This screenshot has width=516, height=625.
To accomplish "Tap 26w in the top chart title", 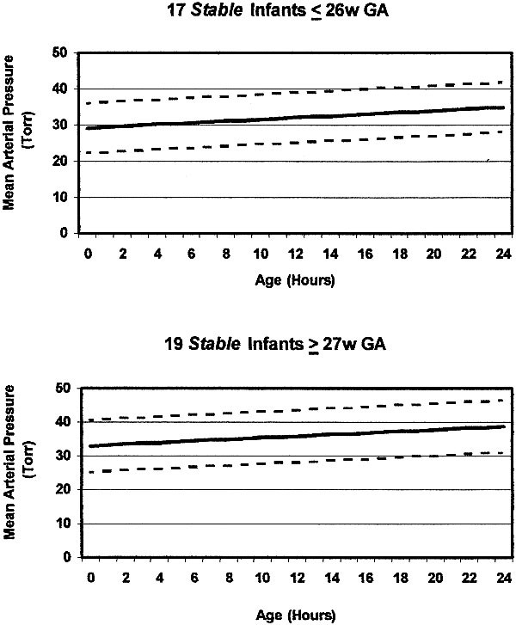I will [x=329, y=13].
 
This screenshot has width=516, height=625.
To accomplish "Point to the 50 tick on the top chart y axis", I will [x=61, y=53].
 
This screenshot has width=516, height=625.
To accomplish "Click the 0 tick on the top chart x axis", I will [x=88, y=250].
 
